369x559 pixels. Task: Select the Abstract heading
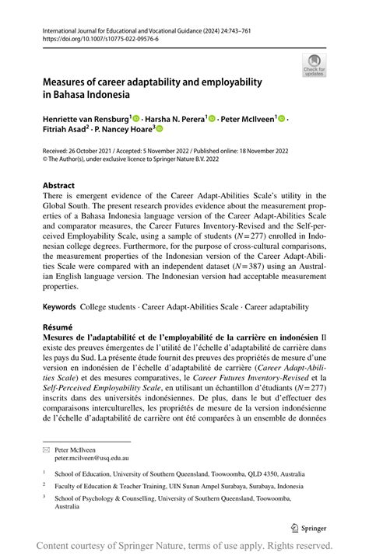tap(59, 186)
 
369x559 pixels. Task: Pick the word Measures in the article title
tap(69, 82)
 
